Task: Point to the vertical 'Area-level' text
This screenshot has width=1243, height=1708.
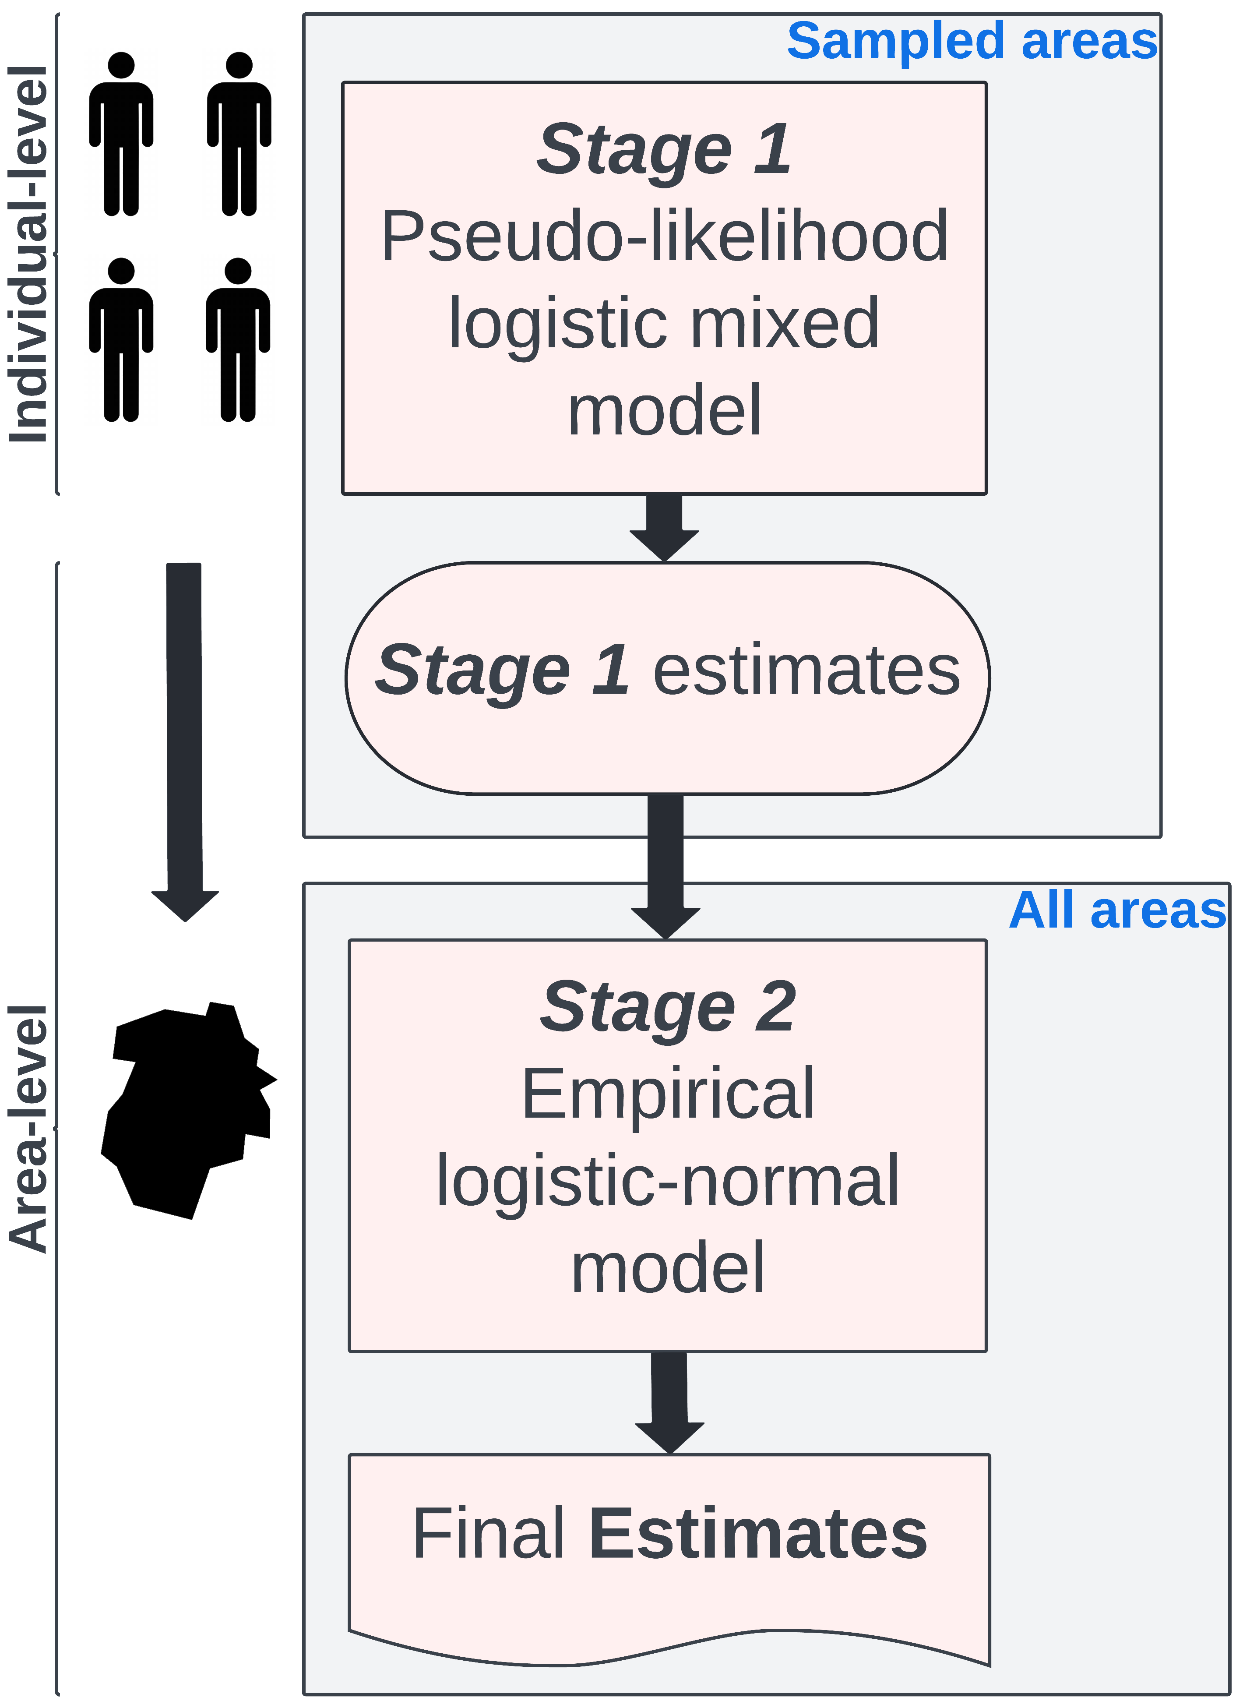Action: (28, 1129)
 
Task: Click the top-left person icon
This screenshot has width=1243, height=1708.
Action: (121, 134)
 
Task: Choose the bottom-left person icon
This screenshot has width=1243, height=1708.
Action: (121, 340)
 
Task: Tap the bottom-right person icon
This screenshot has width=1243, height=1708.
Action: (238, 340)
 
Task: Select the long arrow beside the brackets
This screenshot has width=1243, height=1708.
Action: (184, 738)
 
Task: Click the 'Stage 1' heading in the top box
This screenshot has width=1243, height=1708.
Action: (664, 149)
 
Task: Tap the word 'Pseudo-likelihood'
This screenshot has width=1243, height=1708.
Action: (664, 237)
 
